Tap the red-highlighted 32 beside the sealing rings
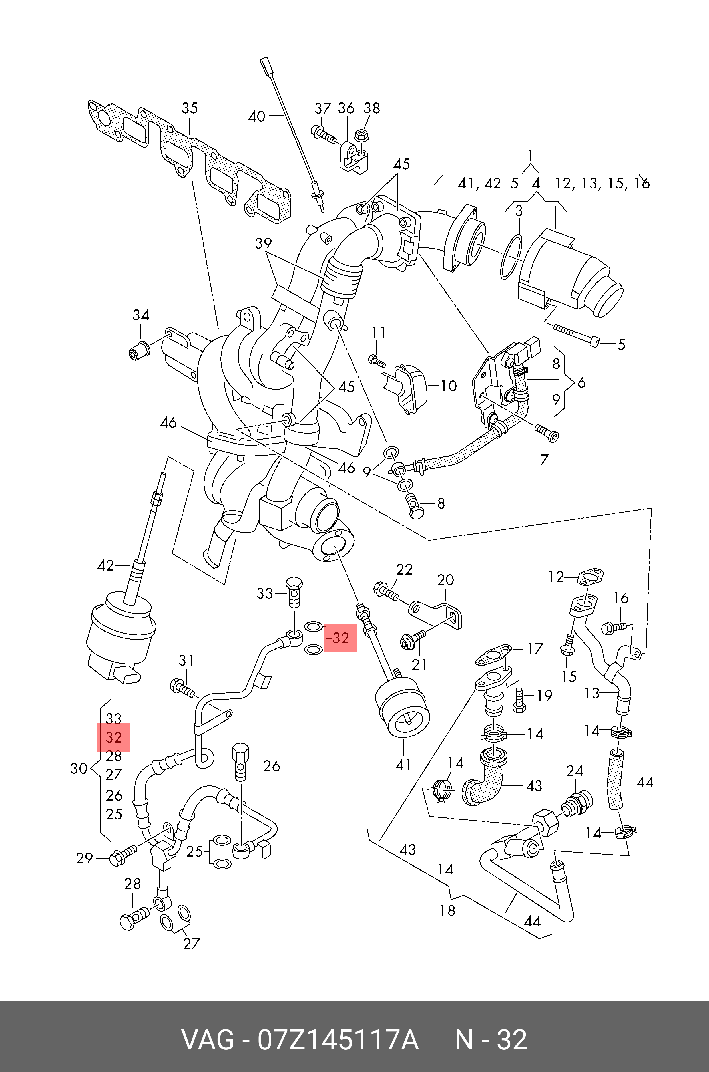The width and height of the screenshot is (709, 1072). point(340,638)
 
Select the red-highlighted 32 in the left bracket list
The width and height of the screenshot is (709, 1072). point(113,737)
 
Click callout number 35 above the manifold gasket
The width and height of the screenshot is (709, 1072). point(190,108)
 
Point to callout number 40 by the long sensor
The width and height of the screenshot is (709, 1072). point(256,116)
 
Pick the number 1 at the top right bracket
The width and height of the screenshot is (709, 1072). point(530,156)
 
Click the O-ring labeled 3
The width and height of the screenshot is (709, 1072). point(511,256)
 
